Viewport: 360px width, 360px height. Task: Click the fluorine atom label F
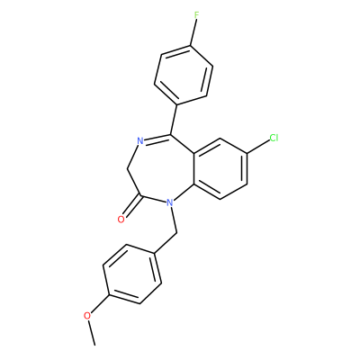point(196,15)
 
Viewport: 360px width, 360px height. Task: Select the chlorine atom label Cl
point(274,138)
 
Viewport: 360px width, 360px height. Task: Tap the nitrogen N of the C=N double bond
point(139,140)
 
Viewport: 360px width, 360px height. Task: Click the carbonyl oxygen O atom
point(121,220)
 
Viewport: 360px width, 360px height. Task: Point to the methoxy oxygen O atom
point(87,316)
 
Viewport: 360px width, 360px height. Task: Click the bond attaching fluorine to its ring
point(193,32)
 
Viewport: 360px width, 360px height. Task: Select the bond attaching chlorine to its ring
point(258,147)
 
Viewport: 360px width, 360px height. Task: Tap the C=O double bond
point(132,207)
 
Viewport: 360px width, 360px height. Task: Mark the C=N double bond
point(157,138)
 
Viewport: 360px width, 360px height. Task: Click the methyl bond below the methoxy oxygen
point(92,333)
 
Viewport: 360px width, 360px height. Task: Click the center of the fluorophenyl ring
point(184,75)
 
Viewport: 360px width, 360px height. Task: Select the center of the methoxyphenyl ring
point(132,274)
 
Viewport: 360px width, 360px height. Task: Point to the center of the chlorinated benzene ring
point(220,168)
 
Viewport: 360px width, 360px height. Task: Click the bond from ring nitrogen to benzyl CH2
point(174,220)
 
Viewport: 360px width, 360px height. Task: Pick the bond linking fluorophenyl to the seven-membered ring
point(174,120)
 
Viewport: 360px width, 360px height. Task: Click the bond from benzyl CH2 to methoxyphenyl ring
point(166,243)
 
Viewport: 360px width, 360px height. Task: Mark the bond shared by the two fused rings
point(194,168)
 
